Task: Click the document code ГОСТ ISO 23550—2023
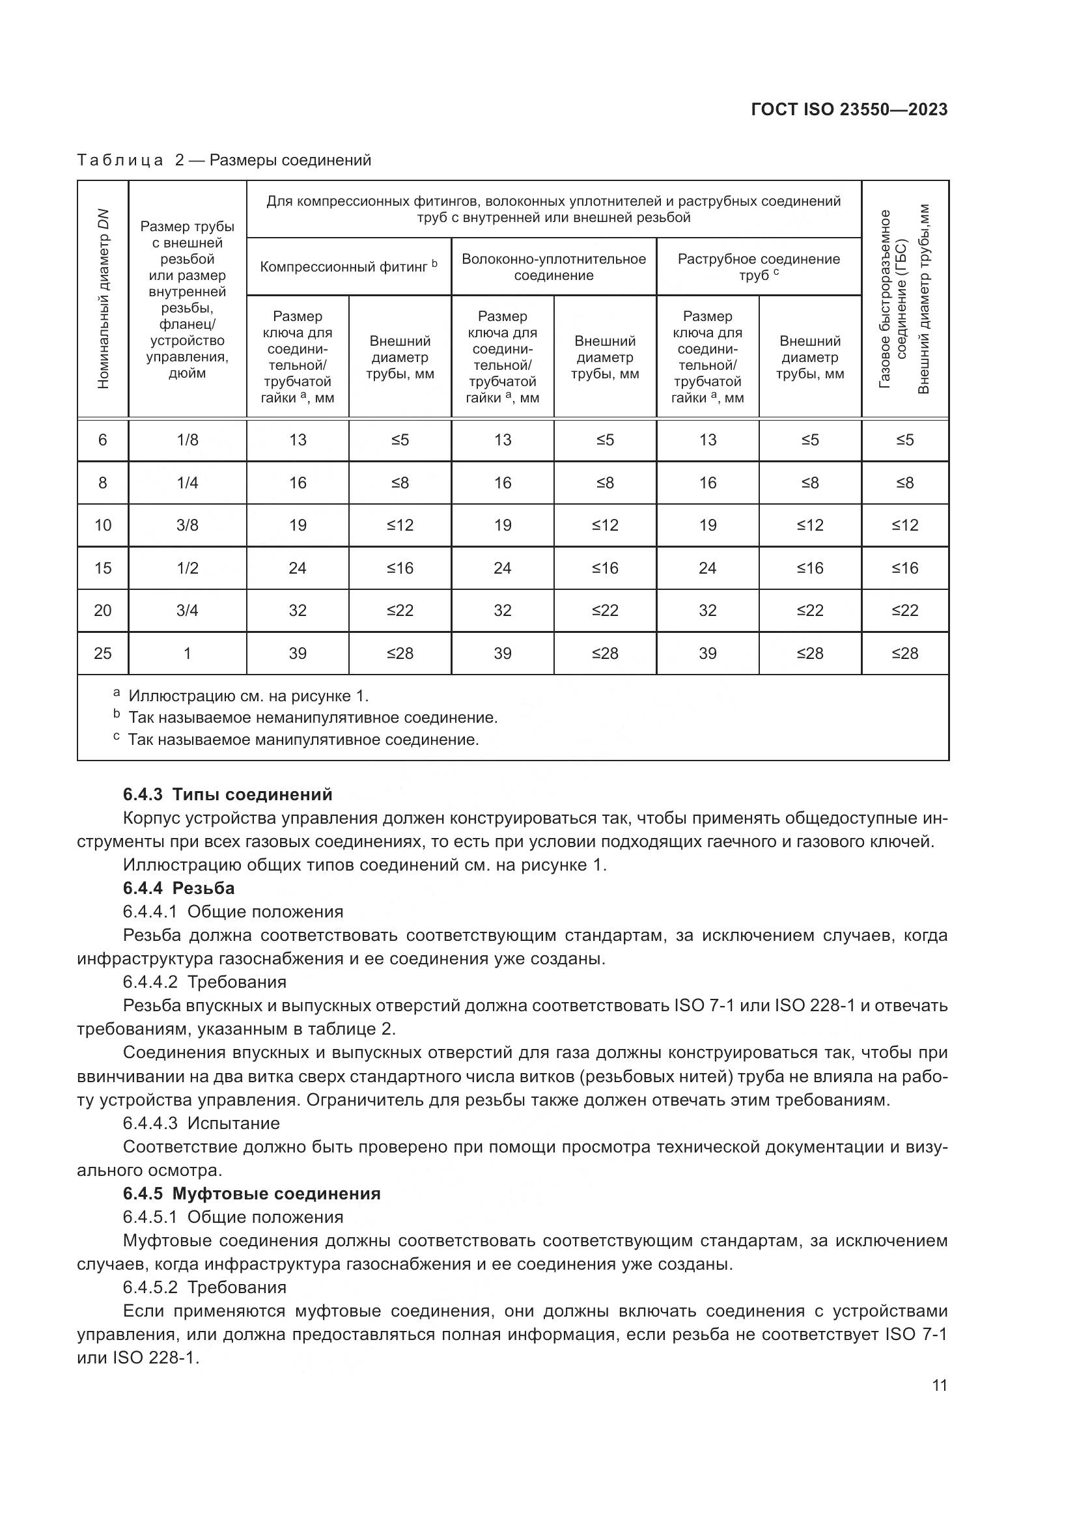point(849,109)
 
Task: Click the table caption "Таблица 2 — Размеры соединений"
point(224,160)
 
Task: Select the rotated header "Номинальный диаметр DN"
point(103,298)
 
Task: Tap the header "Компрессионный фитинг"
point(348,267)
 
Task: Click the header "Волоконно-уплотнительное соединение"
point(553,267)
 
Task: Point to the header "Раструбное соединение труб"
point(758,267)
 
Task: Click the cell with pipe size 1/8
point(187,440)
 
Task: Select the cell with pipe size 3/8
point(187,525)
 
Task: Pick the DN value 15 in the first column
point(103,568)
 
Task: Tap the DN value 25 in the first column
point(103,653)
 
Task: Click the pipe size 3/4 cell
point(187,610)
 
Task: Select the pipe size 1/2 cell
point(187,568)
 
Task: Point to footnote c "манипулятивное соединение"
point(302,739)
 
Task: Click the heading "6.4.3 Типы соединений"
point(227,794)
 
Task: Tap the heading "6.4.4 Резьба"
point(178,887)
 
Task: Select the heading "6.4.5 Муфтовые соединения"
point(251,1194)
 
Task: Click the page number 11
point(939,1385)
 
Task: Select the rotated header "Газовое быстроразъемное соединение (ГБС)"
point(892,298)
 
